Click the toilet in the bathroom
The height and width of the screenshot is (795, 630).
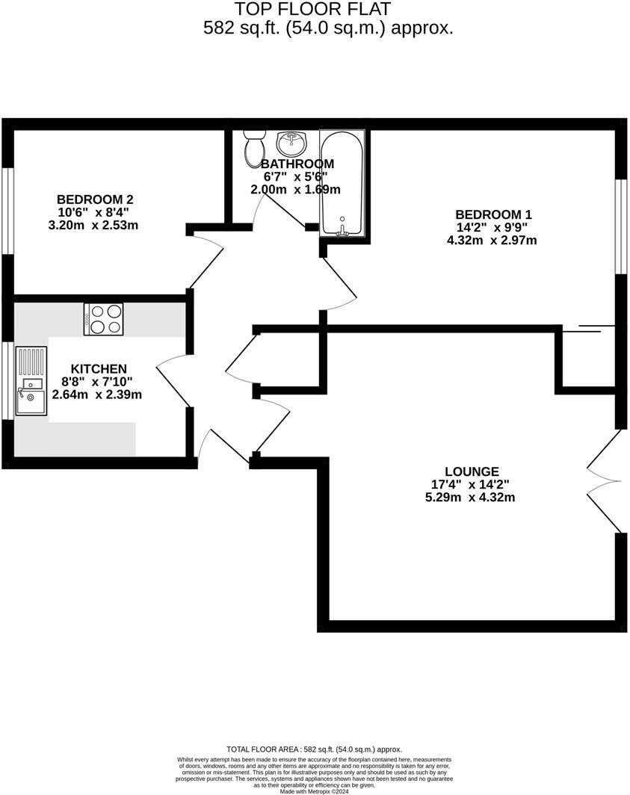pyautogui.click(x=254, y=147)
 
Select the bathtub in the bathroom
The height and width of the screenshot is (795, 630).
pyautogui.click(x=343, y=184)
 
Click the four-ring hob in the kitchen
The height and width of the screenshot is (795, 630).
pyautogui.click(x=104, y=319)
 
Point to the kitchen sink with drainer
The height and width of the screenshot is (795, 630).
pyautogui.click(x=31, y=382)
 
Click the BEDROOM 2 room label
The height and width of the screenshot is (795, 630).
pyautogui.click(x=95, y=199)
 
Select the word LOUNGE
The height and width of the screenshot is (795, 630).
pyautogui.click(x=472, y=471)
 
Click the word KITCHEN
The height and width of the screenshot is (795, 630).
pyautogui.click(x=99, y=369)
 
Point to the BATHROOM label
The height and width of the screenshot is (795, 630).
pyautogui.click(x=297, y=164)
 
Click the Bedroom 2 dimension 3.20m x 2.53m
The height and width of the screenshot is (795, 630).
pyautogui.click(x=93, y=225)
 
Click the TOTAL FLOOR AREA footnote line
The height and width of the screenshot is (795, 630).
pyautogui.click(x=314, y=749)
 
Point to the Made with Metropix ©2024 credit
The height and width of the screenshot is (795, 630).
pyautogui.click(x=314, y=791)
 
